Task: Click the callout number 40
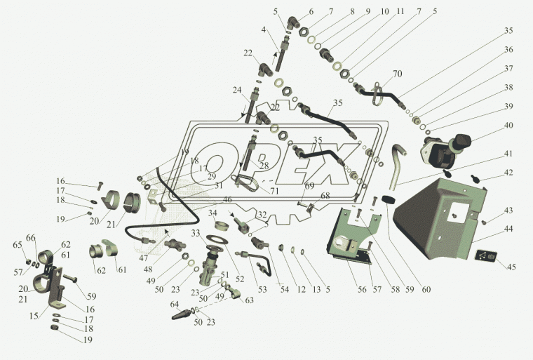click(508, 126)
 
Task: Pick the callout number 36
click(508, 50)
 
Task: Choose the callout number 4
click(264, 30)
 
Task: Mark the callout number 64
click(175, 304)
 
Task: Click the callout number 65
click(18, 245)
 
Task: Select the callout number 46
click(228, 200)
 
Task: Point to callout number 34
click(212, 213)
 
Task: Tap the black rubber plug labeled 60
click(388, 203)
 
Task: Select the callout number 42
click(508, 171)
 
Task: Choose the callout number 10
click(385, 13)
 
